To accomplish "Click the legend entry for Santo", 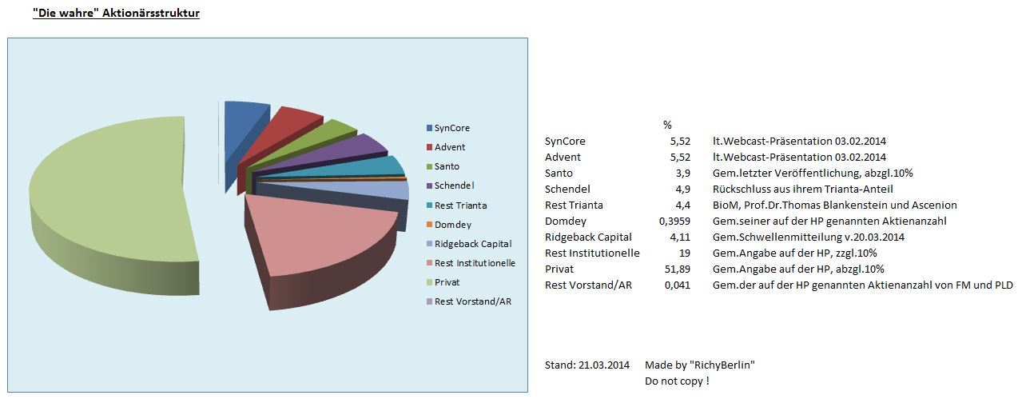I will (x=447, y=166).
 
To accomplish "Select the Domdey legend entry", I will (x=452, y=225).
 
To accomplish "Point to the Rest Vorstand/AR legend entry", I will (x=471, y=301).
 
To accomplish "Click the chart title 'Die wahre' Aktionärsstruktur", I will (x=116, y=14).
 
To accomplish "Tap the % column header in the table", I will (x=667, y=125).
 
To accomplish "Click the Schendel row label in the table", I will (x=567, y=189).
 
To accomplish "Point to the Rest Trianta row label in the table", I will (x=574, y=205).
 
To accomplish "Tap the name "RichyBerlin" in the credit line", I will (x=724, y=365).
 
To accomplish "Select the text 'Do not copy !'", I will (x=676, y=381).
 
